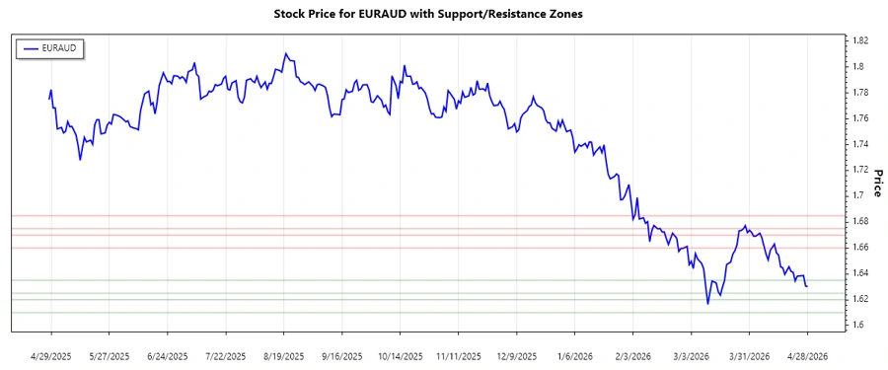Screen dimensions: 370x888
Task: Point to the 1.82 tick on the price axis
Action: click(x=860, y=40)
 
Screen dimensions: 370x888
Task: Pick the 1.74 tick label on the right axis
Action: click(x=860, y=144)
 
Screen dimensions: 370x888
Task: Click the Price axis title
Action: click(x=877, y=183)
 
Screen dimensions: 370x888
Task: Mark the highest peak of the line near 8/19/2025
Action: click(x=285, y=53)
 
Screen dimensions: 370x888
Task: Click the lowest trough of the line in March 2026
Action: click(x=707, y=304)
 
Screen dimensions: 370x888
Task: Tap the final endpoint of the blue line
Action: click(x=807, y=286)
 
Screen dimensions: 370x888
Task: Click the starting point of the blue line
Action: click(x=48, y=100)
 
